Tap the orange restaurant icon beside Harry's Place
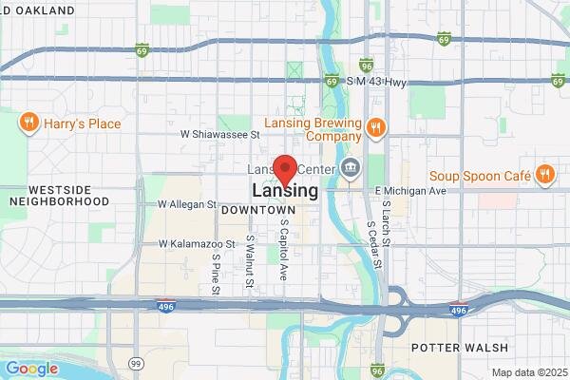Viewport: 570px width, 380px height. pos(29,123)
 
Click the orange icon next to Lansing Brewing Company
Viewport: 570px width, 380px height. pos(377,127)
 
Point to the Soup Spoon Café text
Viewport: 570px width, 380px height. pos(478,175)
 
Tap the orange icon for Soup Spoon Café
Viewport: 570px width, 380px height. pos(544,174)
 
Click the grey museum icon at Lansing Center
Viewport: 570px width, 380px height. pos(351,169)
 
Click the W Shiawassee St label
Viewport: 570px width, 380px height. pos(222,134)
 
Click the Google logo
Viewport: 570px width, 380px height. pos(31,369)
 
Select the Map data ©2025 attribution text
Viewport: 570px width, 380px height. pos(528,372)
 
